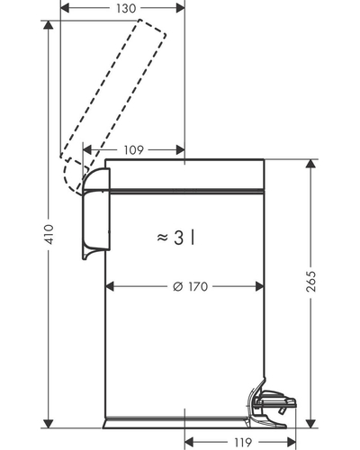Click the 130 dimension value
[126, 8]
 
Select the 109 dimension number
[134, 149]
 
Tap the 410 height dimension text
[49, 234]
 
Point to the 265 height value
[311, 282]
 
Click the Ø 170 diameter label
[191, 286]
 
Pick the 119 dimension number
[243, 442]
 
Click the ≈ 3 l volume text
[176, 238]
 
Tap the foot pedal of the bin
[272, 403]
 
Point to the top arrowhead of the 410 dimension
[48, 25]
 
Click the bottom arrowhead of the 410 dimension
[48, 423]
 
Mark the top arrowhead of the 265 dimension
[311, 164]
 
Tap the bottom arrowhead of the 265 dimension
[311, 423]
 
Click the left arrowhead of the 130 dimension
[65, 8]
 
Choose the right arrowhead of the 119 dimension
[291, 442]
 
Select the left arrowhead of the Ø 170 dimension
[110, 286]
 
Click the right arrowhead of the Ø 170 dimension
[259, 286]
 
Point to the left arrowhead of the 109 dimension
[87, 149]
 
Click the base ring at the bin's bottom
[177, 423]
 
